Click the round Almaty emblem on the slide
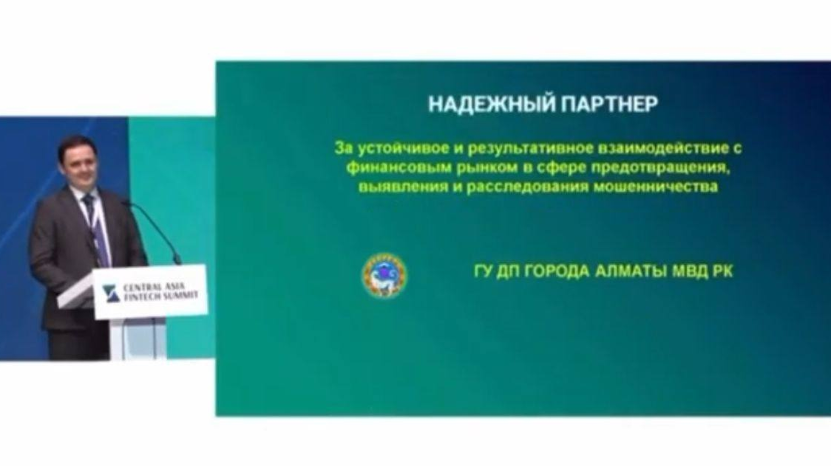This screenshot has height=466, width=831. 384,275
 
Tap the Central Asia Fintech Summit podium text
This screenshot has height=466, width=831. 160,292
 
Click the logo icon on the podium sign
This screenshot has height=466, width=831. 111,294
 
